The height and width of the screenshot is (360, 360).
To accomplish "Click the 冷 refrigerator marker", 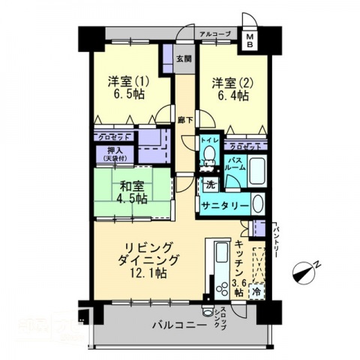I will tap(256, 289).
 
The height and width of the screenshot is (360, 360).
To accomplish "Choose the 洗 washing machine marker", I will tap(211, 184).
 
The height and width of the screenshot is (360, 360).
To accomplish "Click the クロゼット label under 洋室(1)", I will tap(116, 136).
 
